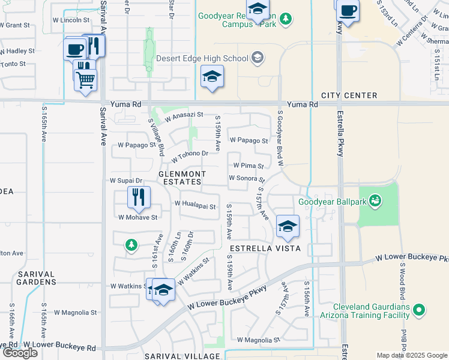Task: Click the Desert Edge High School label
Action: (x=202, y=58)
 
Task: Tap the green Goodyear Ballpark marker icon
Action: (x=376, y=200)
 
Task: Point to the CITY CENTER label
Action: (x=349, y=95)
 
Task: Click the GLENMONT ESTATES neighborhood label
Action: (x=182, y=178)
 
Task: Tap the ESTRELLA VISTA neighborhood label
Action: (x=258, y=248)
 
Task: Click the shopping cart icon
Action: (x=85, y=79)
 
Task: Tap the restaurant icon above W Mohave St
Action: (x=139, y=197)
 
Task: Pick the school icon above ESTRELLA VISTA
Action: (x=288, y=226)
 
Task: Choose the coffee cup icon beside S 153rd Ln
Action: (x=348, y=10)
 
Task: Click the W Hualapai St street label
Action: (x=195, y=205)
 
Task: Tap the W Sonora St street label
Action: (x=247, y=178)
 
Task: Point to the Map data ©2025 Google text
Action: (x=411, y=355)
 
